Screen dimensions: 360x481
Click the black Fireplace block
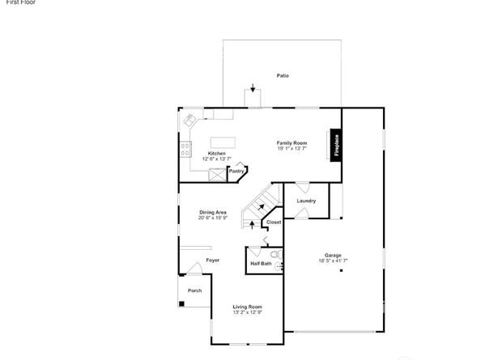[x=334, y=146]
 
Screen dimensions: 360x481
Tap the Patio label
[x=282, y=76]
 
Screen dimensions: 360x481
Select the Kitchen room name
[x=217, y=153]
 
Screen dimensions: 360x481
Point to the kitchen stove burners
[x=185, y=149]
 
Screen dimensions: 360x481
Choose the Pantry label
[x=236, y=171]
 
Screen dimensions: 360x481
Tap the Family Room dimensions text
[x=292, y=149]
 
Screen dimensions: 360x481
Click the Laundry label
[x=306, y=201]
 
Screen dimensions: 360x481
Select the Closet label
[x=274, y=222]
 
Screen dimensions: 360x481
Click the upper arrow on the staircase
[x=260, y=208]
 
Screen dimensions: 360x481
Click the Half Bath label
[x=262, y=263]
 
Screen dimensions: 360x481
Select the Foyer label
[x=213, y=260]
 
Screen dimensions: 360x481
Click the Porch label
[x=194, y=290]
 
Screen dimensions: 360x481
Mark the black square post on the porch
[x=182, y=304]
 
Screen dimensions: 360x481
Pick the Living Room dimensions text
[x=248, y=312]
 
